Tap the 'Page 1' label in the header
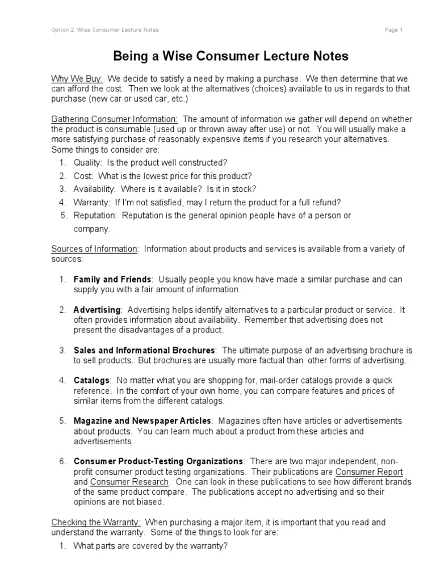393,30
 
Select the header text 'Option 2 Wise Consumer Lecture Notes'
105,30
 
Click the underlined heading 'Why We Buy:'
77,78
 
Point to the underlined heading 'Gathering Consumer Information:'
115,119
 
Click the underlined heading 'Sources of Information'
94,249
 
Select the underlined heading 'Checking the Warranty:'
96,521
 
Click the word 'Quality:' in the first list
87,162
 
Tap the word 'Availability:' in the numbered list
95,189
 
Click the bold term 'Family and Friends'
112,280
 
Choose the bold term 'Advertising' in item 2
97,310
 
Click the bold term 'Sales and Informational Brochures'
144,350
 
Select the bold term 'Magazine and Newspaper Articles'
142,420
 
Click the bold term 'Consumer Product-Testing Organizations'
158,461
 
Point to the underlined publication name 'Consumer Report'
369,471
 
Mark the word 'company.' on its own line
92,229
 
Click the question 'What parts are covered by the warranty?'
150,546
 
